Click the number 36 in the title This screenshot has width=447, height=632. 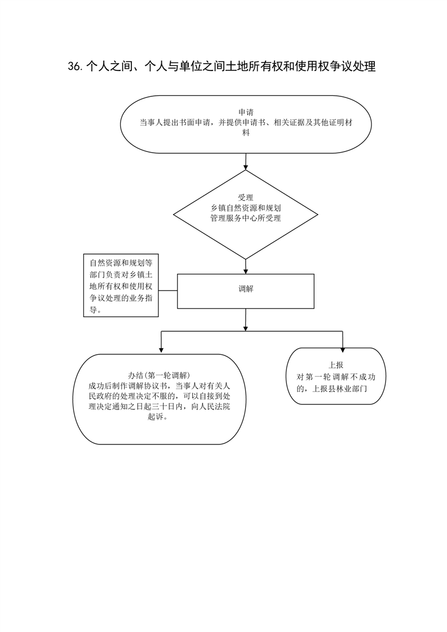pyautogui.click(x=75, y=66)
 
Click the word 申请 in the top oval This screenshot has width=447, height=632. pyautogui.click(x=246, y=113)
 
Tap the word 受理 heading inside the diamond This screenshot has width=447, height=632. pyautogui.click(x=246, y=198)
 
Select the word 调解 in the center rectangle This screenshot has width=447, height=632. pyautogui.click(x=246, y=289)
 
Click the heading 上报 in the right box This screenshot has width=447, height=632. pyautogui.click(x=335, y=365)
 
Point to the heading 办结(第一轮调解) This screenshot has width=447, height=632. pyautogui.click(x=160, y=375)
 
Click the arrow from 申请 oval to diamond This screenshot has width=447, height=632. pyautogui.click(x=246, y=161)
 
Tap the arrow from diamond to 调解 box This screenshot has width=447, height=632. pyautogui.click(x=246, y=266)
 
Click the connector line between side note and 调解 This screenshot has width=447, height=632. pyautogui.click(x=168, y=290)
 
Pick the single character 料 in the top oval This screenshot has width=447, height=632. pyautogui.click(x=246, y=132)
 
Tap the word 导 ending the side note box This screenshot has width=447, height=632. pyautogui.click(x=93, y=310)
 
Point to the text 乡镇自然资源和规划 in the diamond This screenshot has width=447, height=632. pyautogui.click(x=246, y=208)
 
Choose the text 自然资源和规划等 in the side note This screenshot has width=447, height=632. pyautogui.click(x=121, y=263)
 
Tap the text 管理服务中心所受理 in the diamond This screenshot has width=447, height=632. pyautogui.click(x=246, y=219)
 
